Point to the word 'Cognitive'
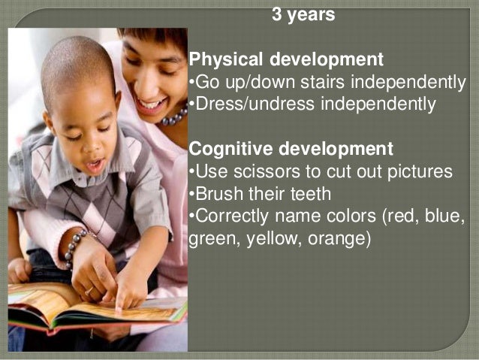pos(231,148)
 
